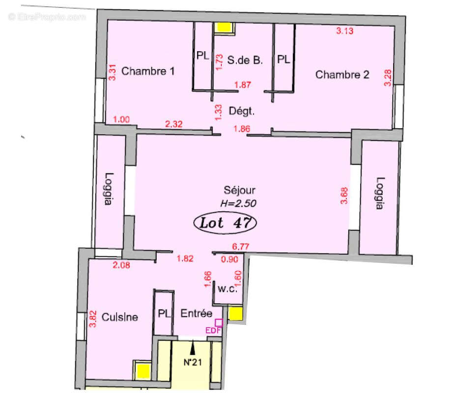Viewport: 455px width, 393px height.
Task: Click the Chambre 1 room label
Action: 147,71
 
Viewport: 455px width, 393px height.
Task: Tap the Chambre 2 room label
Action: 342,75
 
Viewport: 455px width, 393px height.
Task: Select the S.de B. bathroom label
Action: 246,60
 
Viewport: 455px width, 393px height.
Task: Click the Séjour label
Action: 239,190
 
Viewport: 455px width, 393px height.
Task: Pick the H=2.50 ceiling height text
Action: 239,202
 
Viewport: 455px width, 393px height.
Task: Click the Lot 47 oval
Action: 226,223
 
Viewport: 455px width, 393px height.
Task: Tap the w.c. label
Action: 227,289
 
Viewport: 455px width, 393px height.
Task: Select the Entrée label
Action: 196,313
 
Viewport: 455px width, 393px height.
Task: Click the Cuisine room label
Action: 120,317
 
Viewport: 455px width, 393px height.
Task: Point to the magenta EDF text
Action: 213,330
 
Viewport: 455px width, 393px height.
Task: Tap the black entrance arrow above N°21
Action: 193,348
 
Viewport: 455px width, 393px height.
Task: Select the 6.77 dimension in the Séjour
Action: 241,248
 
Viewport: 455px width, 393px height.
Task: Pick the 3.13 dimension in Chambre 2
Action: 345,31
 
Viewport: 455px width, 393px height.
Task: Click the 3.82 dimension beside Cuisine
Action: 92,319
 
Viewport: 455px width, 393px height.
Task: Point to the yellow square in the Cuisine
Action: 142,369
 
